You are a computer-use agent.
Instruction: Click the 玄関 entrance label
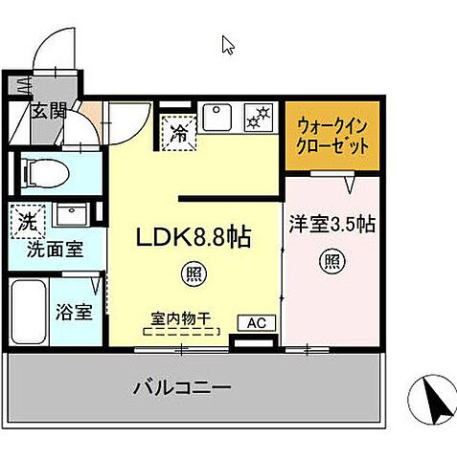(47, 109)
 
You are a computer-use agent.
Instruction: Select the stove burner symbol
(258, 120)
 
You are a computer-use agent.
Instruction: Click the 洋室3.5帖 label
(331, 225)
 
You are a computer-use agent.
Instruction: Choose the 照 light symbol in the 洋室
(331, 259)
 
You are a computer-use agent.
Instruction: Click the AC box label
(256, 323)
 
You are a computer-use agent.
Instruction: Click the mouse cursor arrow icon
(228, 44)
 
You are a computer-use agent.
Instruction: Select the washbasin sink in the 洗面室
(72, 212)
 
